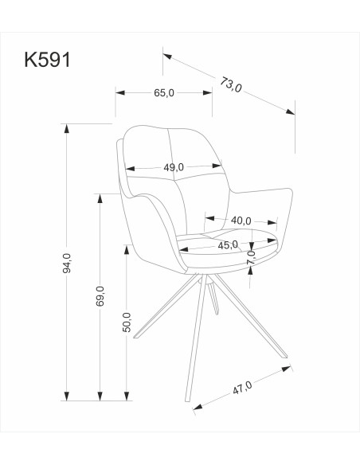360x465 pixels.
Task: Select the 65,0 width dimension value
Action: click(x=163, y=93)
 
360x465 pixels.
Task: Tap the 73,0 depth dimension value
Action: click(x=230, y=84)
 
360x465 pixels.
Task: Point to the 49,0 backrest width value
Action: click(x=174, y=167)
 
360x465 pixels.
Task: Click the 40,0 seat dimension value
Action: click(x=241, y=221)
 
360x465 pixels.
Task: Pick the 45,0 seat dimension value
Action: click(x=229, y=244)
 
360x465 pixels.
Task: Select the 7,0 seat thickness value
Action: click(x=251, y=256)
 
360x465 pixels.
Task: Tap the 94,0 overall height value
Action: click(x=68, y=262)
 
